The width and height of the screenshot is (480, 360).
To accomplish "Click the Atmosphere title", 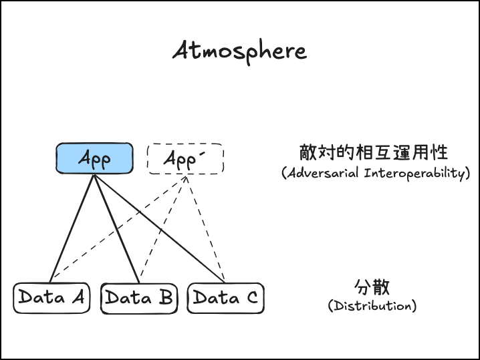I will [239, 51].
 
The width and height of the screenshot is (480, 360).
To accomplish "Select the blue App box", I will [94, 159].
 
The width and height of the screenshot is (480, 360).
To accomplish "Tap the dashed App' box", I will [185, 159].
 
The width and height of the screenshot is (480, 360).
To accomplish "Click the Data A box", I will [51, 297].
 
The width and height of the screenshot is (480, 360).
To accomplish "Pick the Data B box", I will [138, 298].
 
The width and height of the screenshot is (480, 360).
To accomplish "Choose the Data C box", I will [225, 298].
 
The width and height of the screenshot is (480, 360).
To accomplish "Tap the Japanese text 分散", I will [372, 288].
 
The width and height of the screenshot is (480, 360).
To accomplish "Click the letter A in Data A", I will [77, 297].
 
